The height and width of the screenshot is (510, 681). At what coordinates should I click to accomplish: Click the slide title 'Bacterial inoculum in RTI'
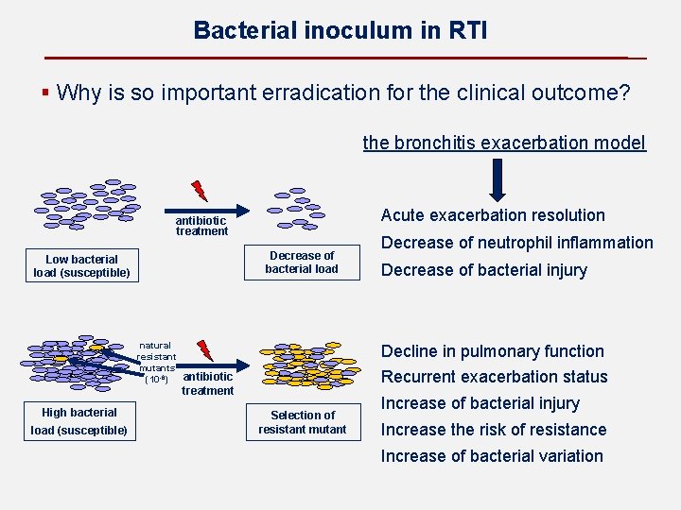click(x=340, y=30)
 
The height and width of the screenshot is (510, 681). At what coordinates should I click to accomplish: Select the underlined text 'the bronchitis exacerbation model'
click(x=504, y=143)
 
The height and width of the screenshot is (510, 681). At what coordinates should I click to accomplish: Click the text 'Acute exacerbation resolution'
click(x=492, y=215)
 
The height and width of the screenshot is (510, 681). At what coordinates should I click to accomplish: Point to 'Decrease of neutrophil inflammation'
click(x=516, y=243)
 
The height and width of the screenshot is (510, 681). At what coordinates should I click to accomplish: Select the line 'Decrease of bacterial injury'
click(x=483, y=270)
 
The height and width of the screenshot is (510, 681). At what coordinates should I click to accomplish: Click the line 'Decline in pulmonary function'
click(x=492, y=351)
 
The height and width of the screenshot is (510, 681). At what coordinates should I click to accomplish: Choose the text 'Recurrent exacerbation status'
click(x=494, y=377)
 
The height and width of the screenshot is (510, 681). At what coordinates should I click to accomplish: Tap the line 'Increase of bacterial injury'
click(x=480, y=403)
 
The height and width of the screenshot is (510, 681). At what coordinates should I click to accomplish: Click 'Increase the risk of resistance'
click(x=493, y=430)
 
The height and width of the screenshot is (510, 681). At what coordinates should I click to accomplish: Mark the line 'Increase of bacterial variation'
click(x=491, y=456)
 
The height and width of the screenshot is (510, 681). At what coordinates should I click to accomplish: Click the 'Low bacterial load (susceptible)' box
click(x=81, y=266)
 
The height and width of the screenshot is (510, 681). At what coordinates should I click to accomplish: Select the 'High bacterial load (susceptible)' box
click(x=79, y=421)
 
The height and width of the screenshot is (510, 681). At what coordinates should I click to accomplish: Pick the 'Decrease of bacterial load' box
click(x=302, y=263)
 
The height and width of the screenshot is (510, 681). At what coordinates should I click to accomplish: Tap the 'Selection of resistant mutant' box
click(x=303, y=422)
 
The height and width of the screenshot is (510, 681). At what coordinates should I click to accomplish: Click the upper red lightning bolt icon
click(x=200, y=190)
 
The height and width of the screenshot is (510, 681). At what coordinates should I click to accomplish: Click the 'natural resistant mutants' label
click(x=156, y=363)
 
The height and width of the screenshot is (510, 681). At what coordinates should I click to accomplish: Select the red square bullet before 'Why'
click(x=45, y=93)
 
